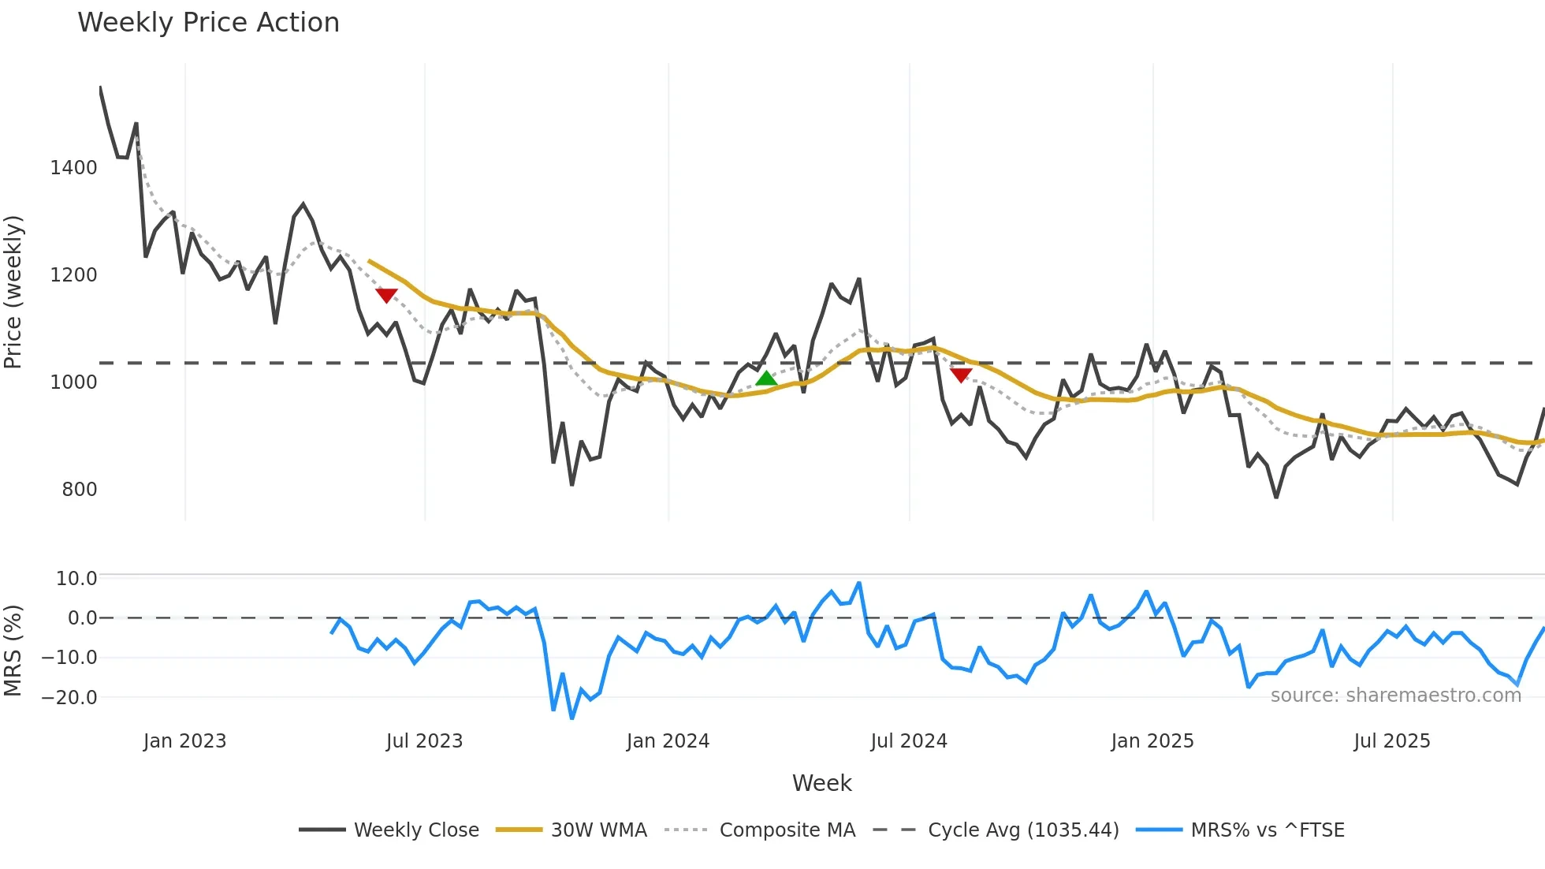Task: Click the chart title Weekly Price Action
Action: click(x=208, y=23)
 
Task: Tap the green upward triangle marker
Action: click(x=766, y=379)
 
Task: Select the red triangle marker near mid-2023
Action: click(x=386, y=295)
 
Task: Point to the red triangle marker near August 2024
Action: click(x=961, y=375)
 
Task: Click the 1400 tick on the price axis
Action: click(x=73, y=168)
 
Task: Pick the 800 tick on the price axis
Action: click(x=80, y=490)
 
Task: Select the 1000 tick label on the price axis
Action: click(x=73, y=382)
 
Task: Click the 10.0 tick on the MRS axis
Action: click(x=76, y=579)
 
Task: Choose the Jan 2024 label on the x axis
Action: click(x=668, y=741)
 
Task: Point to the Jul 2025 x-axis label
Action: click(x=1391, y=741)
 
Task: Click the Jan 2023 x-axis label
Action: click(x=184, y=741)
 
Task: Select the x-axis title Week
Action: click(x=821, y=783)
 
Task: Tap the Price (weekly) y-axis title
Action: click(x=13, y=292)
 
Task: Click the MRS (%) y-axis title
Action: click(x=13, y=651)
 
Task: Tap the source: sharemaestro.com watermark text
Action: click(x=1395, y=696)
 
